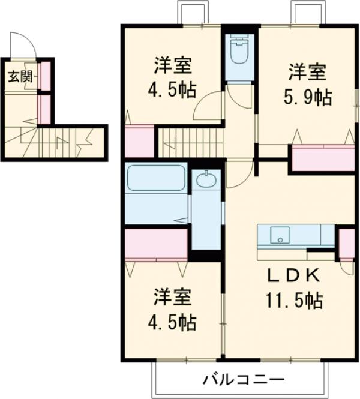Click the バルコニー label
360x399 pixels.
tap(242, 379)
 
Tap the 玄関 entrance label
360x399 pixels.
tap(16, 77)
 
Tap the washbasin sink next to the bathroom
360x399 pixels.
tap(206, 180)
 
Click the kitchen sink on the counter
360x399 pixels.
tap(280, 234)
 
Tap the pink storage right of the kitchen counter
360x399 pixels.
tap(346, 243)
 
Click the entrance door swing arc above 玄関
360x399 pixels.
tap(24, 45)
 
